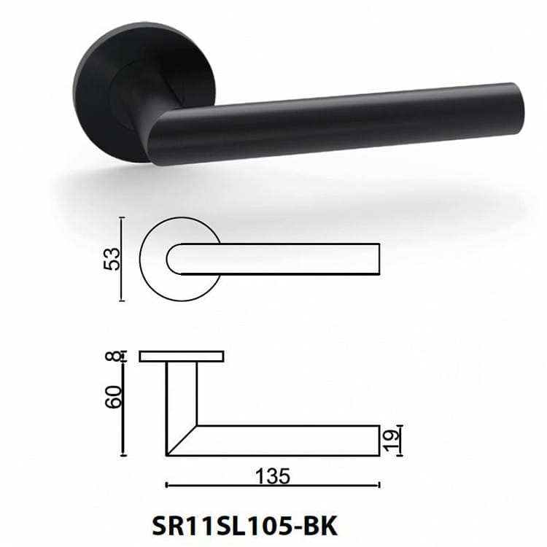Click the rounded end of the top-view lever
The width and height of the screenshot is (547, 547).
173,259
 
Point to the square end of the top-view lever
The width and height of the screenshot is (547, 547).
378,259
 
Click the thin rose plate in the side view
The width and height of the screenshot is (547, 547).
181,357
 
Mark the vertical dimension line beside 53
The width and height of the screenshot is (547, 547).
123,259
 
